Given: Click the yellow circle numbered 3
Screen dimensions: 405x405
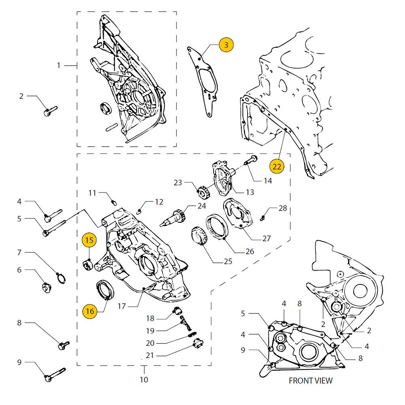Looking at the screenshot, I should click(226, 45).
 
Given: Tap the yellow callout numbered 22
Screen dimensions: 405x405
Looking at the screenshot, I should click(276, 166).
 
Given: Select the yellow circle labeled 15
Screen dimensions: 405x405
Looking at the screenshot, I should click(90, 240).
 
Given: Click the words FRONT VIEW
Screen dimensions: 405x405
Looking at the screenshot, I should click(310, 381).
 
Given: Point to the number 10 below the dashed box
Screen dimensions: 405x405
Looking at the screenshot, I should click(144, 380).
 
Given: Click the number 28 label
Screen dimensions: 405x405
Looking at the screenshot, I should click(282, 208).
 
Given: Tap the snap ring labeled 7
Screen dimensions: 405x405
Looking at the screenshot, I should click(60, 278).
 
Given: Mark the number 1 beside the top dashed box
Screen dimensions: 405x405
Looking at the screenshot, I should click(59, 65).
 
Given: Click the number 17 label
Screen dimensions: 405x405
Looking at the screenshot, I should click(122, 306).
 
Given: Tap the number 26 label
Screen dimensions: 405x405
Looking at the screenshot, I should click(249, 251).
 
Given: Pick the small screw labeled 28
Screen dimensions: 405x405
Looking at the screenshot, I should click(262, 218).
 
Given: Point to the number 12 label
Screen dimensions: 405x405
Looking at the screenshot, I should click(159, 202).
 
